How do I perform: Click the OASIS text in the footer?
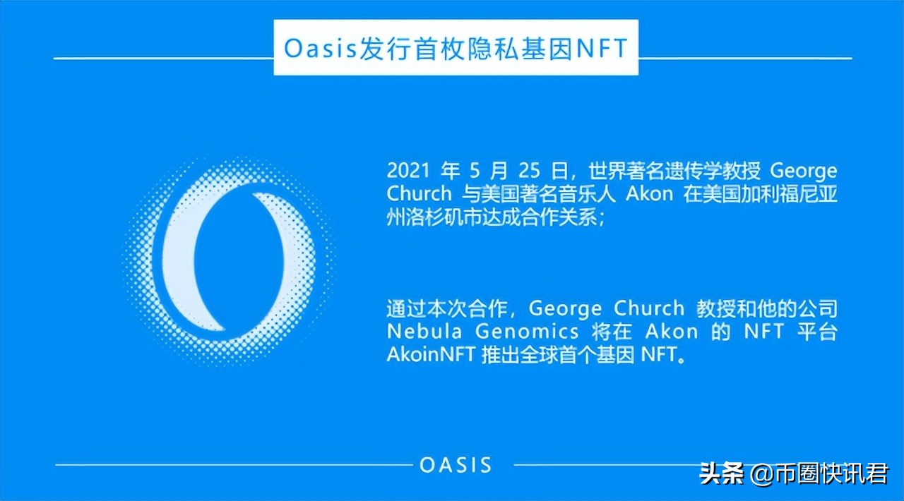456,465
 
